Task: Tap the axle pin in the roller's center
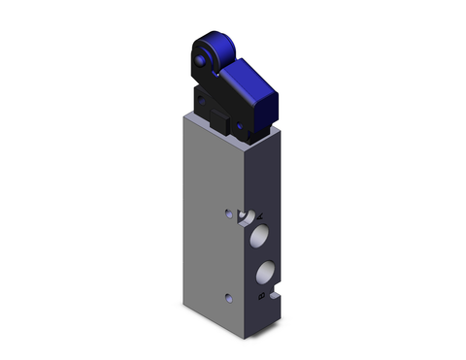[201, 62]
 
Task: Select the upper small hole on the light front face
[228, 213]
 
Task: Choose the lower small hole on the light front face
[228, 298]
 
